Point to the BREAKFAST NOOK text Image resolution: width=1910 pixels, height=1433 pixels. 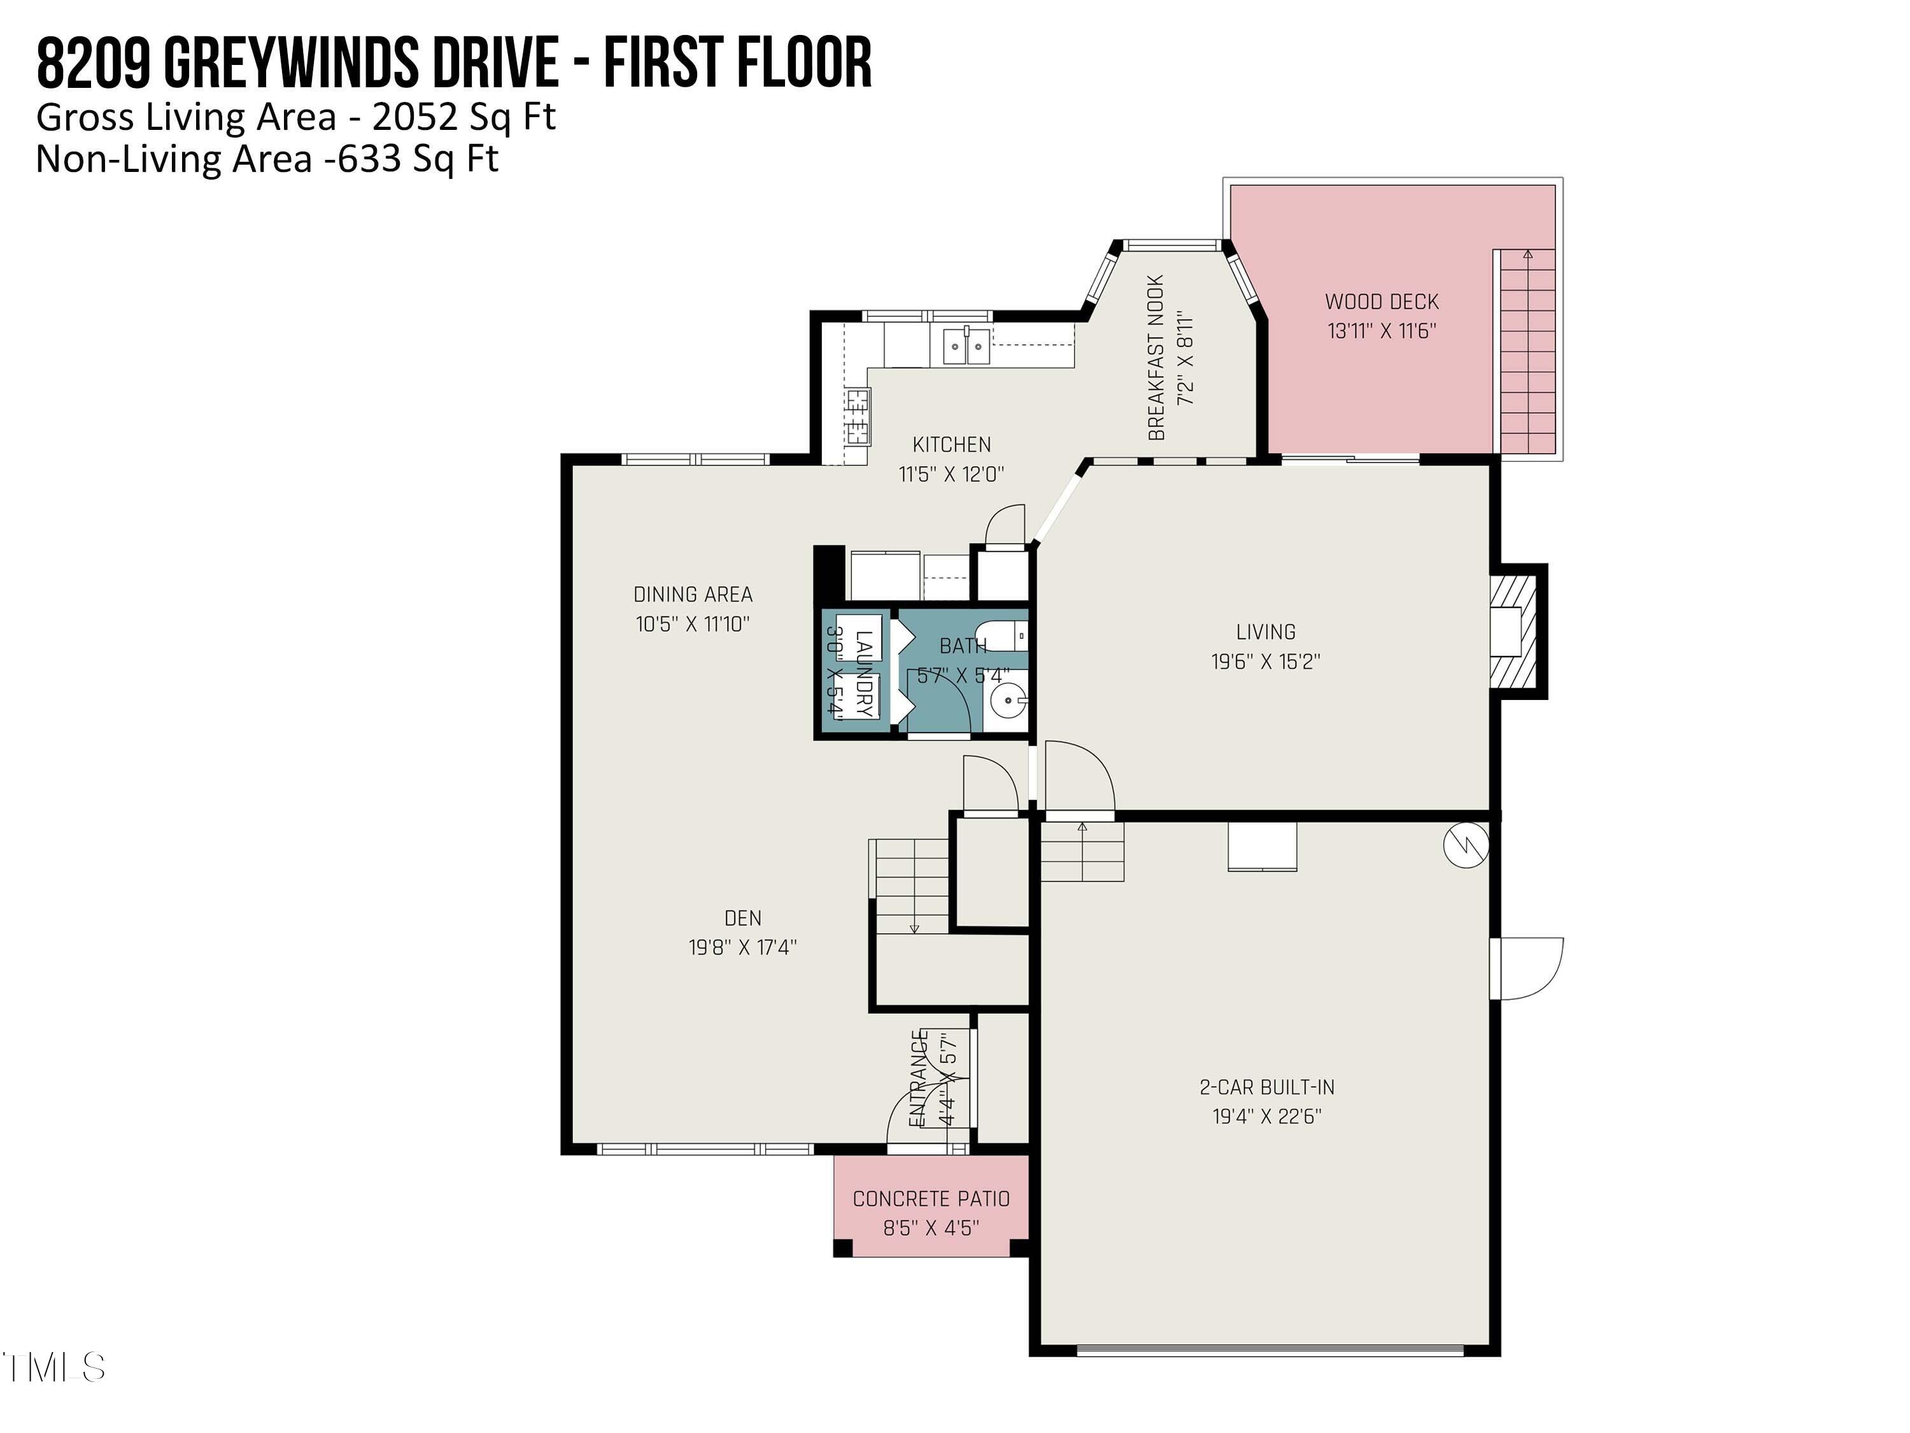click(x=1156, y=357)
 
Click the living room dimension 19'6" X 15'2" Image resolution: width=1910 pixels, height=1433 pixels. click(x=1266, y=662)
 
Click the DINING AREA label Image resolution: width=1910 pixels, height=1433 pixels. click(x=693, y=594)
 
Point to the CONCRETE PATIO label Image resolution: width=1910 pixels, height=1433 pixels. click(x=931, y=1199)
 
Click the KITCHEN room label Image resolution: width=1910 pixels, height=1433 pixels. click(x=952, y=445)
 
